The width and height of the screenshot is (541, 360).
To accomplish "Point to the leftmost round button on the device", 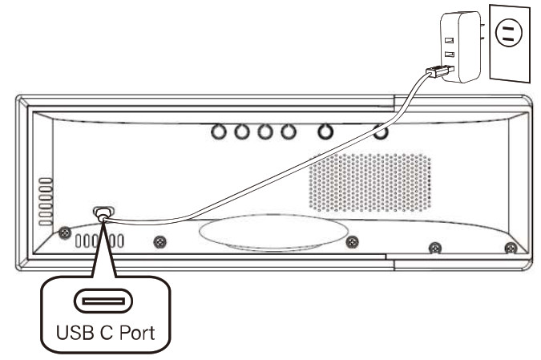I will point(218,131).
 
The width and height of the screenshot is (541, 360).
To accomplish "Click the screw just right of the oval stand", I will point(351,242).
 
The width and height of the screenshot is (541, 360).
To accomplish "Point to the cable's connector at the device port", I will point(103,215).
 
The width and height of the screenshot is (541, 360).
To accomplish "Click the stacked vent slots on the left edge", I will point(45,196).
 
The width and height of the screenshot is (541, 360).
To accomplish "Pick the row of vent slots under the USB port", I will point(99,241).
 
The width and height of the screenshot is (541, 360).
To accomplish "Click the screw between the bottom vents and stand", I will point(160,241).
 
